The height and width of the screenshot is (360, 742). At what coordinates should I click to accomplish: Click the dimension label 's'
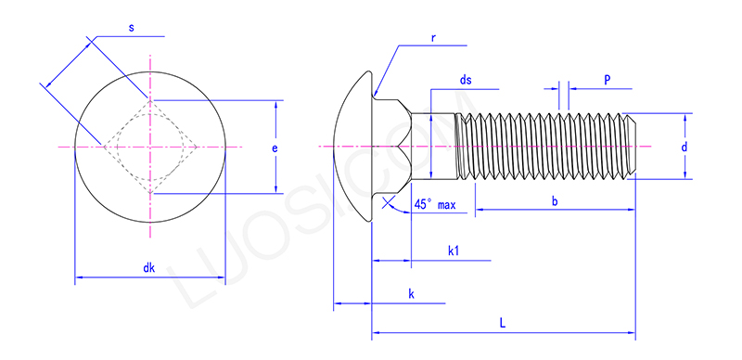[131, 29]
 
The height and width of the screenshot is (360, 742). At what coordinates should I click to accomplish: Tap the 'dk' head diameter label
[148, 268]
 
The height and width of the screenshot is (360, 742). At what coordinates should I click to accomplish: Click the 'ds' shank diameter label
[466, 81]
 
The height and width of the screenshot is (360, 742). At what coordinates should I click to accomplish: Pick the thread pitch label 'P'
[607, 81]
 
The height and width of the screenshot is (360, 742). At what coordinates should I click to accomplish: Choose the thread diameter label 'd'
[684, 147]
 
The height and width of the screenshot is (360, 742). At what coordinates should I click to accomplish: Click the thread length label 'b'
[555, 201]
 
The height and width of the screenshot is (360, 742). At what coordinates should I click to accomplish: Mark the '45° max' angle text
[434, 203]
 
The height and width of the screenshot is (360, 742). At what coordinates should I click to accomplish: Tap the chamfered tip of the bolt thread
[632, 147]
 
